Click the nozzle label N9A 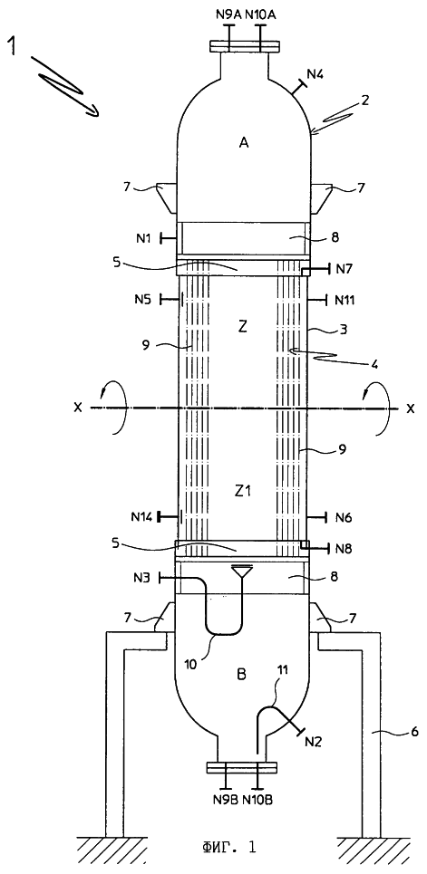tap(228, 15)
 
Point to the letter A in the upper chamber tap(243, 143)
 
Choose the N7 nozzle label tap(343, 270)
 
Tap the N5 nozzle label tap(142, 300)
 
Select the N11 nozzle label tap(345, 300)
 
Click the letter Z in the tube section tap(242, 326)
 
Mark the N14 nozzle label tap(141, 517)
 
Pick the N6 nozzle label tap(344, 518)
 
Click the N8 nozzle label tap(344, 549)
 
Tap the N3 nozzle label tap(142, 578)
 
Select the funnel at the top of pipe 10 tap(242, 571)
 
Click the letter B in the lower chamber tap(242, 676)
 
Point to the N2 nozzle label tap(313, 742)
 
